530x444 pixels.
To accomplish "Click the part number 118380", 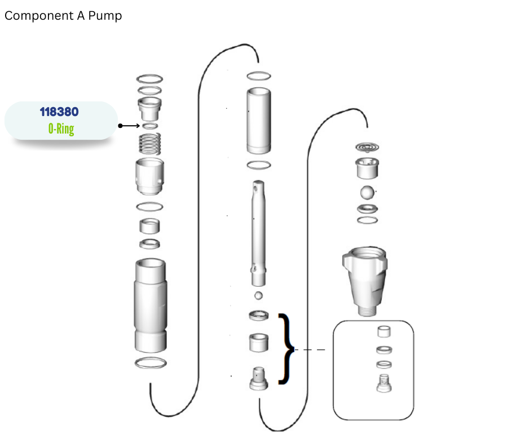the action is [x=59, y=112].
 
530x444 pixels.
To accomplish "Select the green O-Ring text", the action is [x=61, y=128].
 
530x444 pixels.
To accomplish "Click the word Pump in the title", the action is [x=105, y=16].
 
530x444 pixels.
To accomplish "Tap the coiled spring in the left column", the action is [x=150, y=144].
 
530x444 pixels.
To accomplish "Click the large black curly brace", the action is [x=286, y=349].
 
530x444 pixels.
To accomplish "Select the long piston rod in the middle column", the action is [x=259, y=233].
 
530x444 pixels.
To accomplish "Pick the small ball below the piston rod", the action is [x=259, y=296].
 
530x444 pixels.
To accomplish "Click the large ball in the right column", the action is [x=368, y=193].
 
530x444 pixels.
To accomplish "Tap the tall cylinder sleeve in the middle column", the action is [x=259, y=121].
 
